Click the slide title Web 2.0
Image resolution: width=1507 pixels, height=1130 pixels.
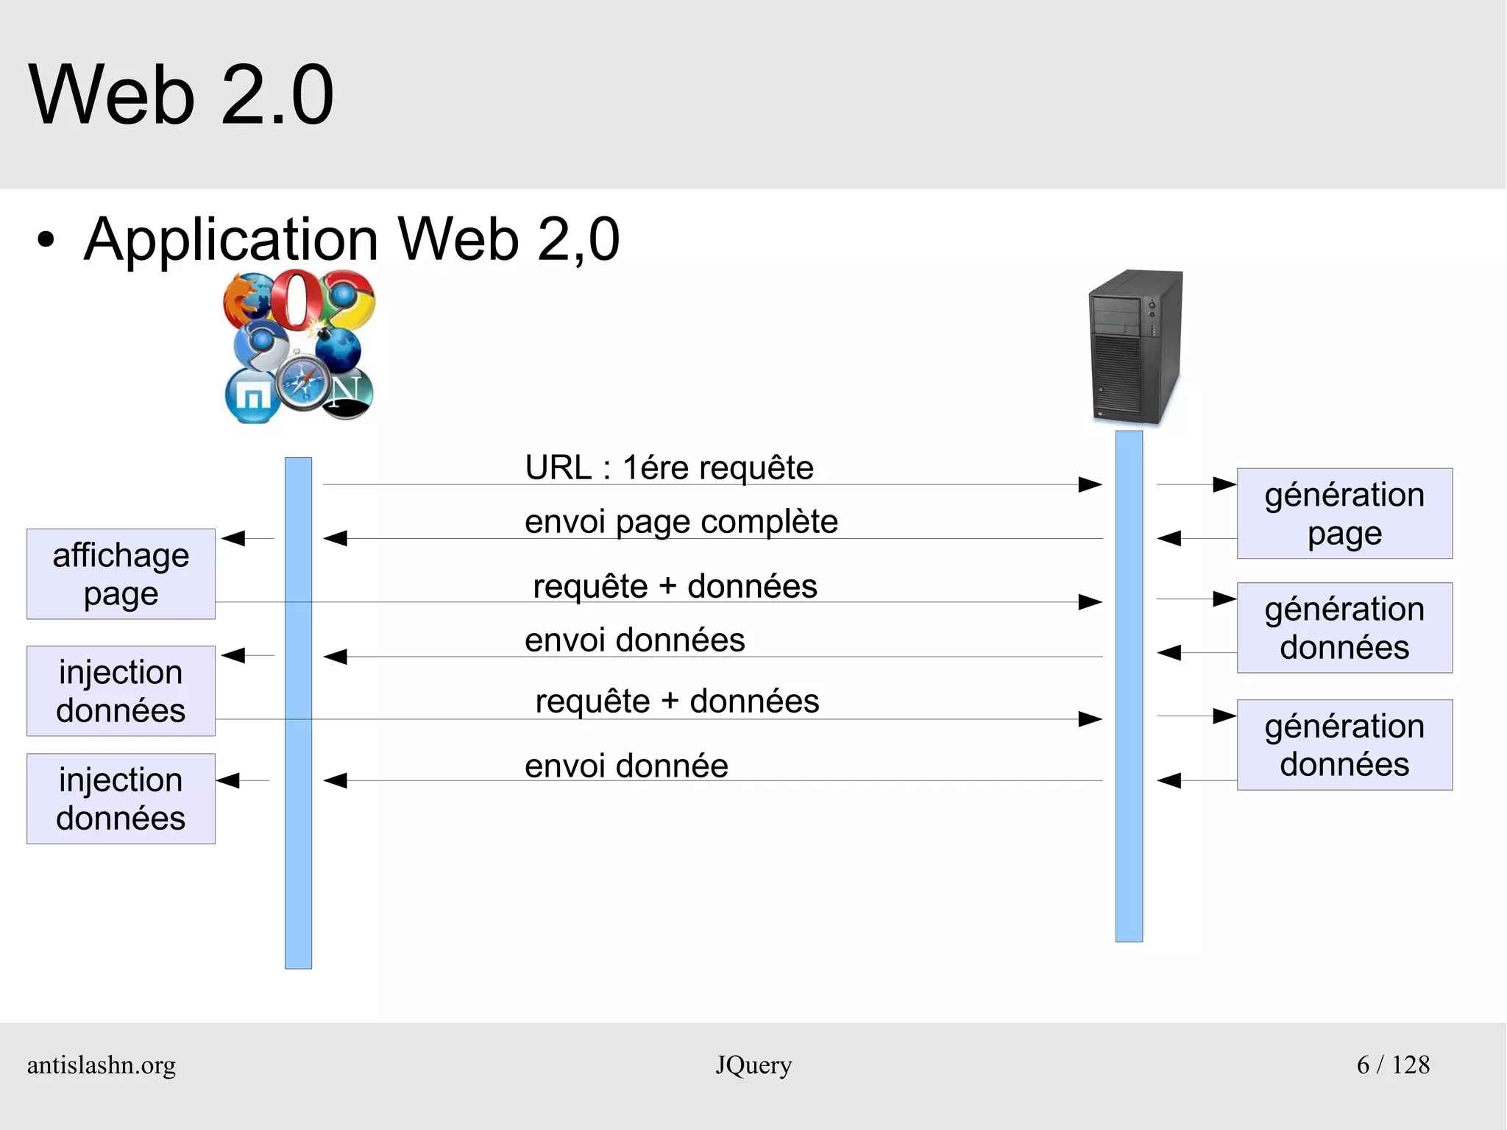(181, 95)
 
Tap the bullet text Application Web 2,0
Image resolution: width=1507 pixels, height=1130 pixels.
(352, 239)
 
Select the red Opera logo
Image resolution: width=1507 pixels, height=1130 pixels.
(296, 299)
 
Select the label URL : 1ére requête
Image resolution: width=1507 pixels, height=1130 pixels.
(669, 467)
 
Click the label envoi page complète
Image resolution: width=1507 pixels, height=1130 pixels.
(681, 521)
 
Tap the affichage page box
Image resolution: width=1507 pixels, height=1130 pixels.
(121, 574)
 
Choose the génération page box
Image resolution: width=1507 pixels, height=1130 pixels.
(1344, 513)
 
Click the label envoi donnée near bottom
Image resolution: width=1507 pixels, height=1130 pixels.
(626, 766)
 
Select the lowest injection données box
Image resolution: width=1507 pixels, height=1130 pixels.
(121, 799)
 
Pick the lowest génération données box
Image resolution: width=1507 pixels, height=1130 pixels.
(1344, 745)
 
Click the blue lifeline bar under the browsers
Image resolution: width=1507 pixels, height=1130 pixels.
(298, 847)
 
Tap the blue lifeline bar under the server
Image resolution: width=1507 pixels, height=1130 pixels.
(1129, 847)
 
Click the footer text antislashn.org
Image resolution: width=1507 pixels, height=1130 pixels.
(102, 1065)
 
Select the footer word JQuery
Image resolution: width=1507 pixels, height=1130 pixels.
(753, 1065)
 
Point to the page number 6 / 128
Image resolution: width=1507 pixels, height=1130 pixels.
(1393, 1065)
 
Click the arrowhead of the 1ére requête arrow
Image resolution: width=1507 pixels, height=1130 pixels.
(1091, 484)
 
